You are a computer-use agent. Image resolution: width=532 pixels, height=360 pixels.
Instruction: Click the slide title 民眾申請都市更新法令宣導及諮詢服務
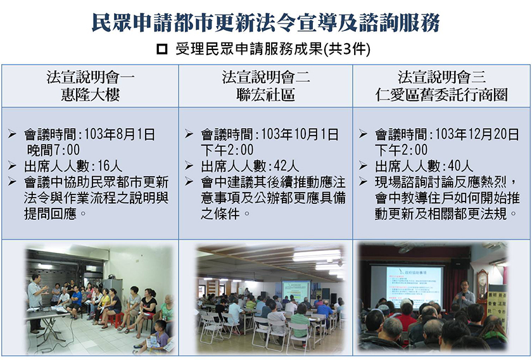coord(265,22)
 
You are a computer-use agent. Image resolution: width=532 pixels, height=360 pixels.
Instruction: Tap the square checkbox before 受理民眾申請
coord(162,49)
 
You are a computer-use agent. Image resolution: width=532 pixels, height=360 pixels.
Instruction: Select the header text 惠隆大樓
coord(90,95)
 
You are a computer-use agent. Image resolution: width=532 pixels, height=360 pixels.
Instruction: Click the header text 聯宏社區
coord(265,95)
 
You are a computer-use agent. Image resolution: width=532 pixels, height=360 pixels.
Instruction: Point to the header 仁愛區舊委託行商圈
coord(441,95)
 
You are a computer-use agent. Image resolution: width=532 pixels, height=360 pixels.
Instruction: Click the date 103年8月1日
coord(120,134)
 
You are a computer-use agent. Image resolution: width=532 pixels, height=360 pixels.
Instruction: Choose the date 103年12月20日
coord(477,134)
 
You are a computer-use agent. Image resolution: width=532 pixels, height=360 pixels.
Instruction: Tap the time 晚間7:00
coord(53,150)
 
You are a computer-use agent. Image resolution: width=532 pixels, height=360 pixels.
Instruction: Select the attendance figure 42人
coord(286,166)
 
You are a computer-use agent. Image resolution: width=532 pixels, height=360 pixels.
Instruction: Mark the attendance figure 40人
coord(460,166)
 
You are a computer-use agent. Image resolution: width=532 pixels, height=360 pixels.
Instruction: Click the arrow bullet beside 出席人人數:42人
coord(189,165)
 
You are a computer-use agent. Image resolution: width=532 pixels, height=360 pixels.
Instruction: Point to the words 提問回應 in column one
coord(50,214)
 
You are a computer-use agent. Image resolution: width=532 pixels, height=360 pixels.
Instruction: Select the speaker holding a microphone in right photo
coord(464,295)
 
